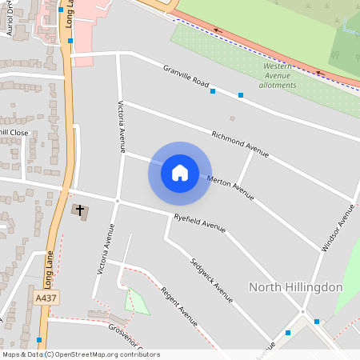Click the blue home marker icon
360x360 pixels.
tap(180, 173)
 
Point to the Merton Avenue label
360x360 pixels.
tap(230, 188)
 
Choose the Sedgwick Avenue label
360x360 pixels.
tap(212, 280)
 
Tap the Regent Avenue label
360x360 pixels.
tap(179, 306)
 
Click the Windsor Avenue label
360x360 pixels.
tap(338, 228)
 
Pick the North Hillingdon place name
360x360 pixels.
tap(296, 287)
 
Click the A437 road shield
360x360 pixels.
tap(47, 298)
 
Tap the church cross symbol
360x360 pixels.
tap(79, 210)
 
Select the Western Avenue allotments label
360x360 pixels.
tap(279, 75)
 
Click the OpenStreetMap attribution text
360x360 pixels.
tap(81, 354)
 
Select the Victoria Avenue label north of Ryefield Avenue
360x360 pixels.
tap(122, 126)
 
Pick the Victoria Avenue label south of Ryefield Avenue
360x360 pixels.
tap(106, 254)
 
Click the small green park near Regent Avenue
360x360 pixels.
tap(137, 302)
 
